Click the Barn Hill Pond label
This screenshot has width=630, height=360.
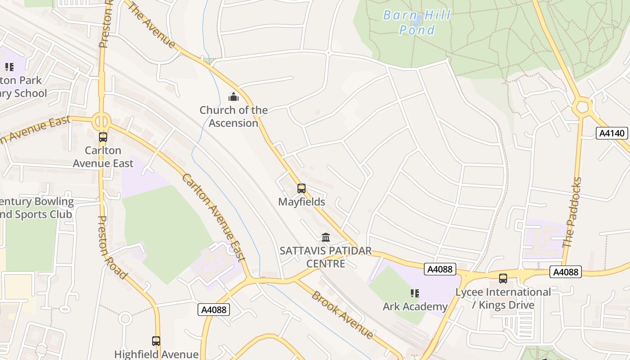(x=416, y=22)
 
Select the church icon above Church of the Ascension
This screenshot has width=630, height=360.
(x=234, y=97)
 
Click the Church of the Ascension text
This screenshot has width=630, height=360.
(x=234, y=117)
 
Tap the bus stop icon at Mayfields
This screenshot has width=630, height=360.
(x=301, y=189)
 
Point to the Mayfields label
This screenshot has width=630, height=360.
(x=301, y=202)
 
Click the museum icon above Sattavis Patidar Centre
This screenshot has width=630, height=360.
(x=326, y=237)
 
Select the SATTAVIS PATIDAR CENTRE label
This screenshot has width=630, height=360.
(x=326, y=257)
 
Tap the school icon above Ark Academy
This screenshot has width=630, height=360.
(x=415, y=293)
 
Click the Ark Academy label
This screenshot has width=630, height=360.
(x=415, y=306)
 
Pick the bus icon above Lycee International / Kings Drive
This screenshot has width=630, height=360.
(x=503, y=279)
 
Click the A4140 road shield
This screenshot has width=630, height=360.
(x=612, y=133)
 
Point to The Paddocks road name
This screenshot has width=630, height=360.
(x=572, y=212)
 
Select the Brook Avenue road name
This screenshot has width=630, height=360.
(x=342, y=315)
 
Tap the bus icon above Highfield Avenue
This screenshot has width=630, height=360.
(x=156, y=341)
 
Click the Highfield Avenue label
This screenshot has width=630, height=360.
(x=156, y=354)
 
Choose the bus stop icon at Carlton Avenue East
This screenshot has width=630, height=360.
(x=103, y=137)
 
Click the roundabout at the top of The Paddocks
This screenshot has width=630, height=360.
(x=583, y=107)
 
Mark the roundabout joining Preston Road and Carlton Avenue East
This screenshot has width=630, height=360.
(x=102, y=121)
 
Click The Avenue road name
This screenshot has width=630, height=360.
(x=152, y=25)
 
